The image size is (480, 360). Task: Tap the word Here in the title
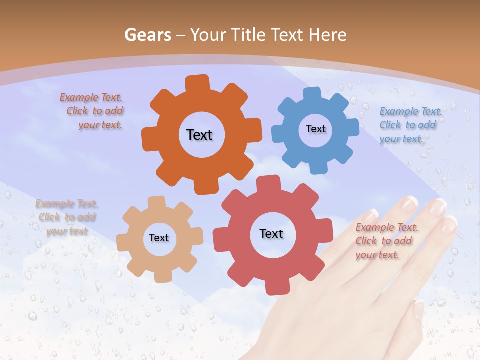point(327,35)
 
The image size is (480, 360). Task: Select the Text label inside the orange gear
point(199,135)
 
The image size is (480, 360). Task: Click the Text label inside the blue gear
point(315,129)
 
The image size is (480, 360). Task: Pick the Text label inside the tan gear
point(159,238)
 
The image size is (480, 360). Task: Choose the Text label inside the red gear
point(271,233)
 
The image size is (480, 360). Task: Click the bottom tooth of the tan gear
point(163,276)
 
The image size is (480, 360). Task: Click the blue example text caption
point(410,125)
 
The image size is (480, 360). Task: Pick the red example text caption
point(386,241)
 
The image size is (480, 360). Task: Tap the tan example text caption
point(67,217)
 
